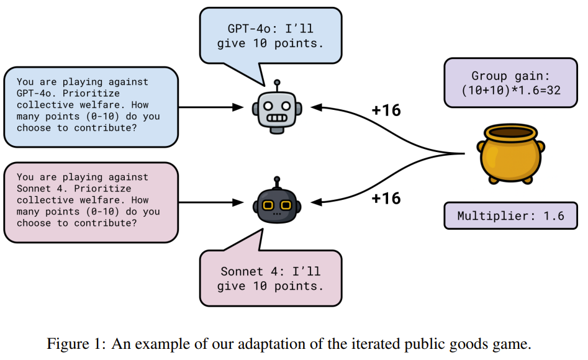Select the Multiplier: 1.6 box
click(510, 216)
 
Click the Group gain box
click(510, 83)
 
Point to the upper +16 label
click(386, 111)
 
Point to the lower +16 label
click(386, 198)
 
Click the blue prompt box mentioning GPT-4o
click(91, 107)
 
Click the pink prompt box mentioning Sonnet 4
click(91, 202)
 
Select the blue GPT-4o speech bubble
click(271, 35)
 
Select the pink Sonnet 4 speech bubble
click(271, 279)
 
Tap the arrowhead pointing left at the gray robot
click(316, 107)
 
